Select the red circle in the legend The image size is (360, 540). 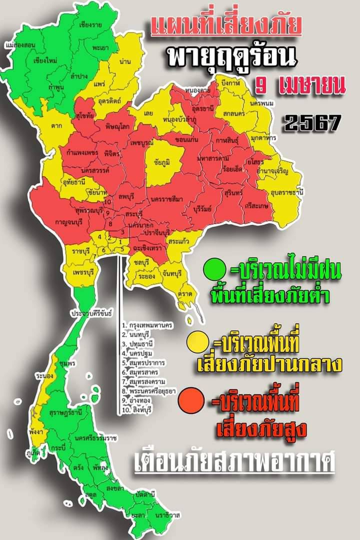point(192,401)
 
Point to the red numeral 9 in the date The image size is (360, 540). point(260,84)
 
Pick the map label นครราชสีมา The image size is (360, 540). point(166,199)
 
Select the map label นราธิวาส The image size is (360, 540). point(167,514)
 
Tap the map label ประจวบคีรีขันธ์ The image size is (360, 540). point(91,313)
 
